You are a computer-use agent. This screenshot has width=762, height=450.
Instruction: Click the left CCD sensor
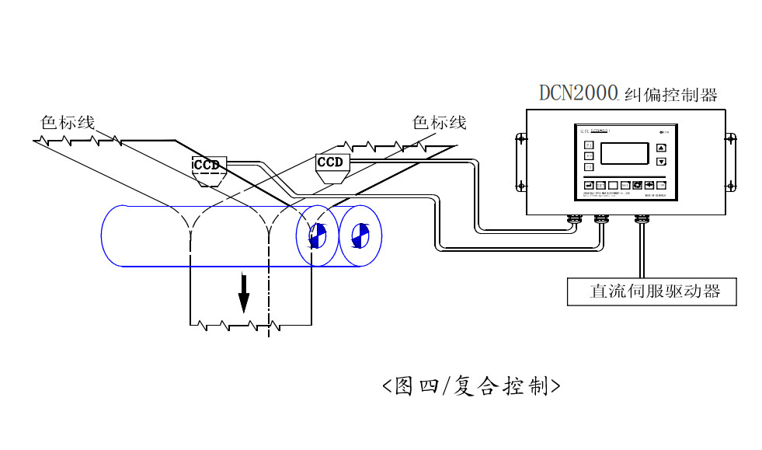point(207,165)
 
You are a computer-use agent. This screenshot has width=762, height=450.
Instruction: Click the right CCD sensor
point(331,162)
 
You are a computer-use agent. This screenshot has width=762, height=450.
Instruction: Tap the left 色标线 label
point(68,122)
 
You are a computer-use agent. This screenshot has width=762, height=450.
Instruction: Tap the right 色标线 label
point(439,122)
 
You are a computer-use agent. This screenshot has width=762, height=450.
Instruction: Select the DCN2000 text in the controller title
point(579,92)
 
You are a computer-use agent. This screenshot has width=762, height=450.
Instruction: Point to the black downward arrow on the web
point(244,292)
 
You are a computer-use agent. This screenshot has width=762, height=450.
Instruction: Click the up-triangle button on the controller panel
point(661,147)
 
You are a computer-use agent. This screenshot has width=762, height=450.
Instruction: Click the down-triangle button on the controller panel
point(661,162)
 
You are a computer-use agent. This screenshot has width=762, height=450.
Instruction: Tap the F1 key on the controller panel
point(588,145)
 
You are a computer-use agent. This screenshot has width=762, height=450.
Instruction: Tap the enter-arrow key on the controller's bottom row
point(588,185)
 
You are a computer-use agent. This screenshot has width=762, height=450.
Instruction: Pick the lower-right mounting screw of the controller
point(730,185)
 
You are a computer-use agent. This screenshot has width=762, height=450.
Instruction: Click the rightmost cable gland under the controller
point(641,220)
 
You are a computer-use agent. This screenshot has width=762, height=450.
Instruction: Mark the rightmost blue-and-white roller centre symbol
point(359,235)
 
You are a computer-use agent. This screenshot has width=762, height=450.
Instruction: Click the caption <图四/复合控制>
point(471,385)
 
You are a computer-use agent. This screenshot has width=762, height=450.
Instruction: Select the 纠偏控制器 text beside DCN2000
point(670,94)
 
